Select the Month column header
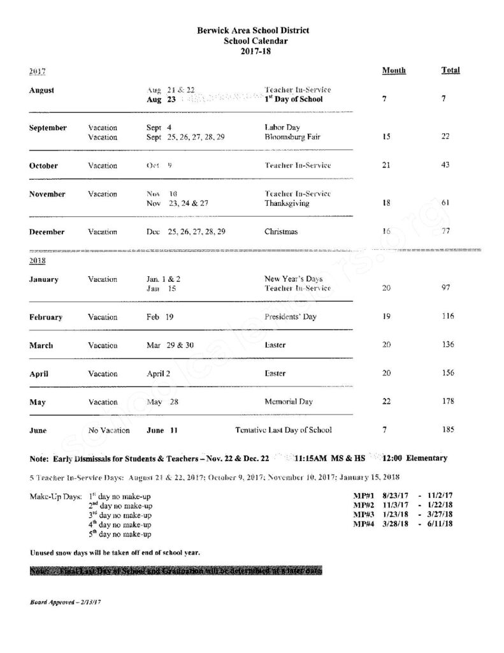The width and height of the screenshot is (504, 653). pos(393,71)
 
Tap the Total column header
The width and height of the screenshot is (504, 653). pos(450,71)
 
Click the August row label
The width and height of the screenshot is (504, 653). pos(41,91)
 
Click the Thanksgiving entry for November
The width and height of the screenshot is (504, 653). pos(287,203)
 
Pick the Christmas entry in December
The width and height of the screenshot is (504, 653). pos(281,232)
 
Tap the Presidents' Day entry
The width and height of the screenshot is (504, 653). pos(290,317)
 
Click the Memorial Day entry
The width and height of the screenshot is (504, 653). pos(289,402)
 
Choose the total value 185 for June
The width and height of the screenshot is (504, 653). pos(448,430)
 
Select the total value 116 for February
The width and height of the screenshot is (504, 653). pos(448,317)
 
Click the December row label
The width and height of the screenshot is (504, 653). pos(47,232)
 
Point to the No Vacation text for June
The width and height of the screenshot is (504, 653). pos(109,430)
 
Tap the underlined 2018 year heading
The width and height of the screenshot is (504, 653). pos(37,261)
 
